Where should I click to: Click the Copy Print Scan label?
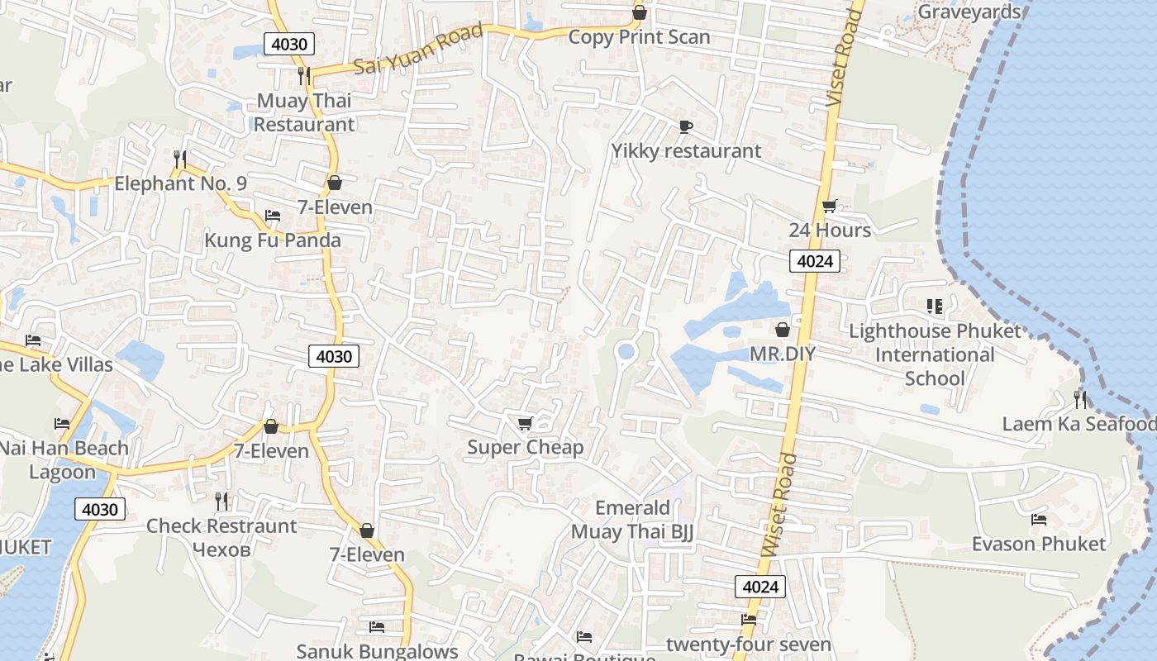(639, 37)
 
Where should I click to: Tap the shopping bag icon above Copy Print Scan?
(639, 12)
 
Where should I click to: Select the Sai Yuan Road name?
(418, 49)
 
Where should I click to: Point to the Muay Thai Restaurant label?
(303, 112)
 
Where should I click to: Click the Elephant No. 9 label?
(180, 183)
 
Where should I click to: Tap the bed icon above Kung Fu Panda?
(273, 216)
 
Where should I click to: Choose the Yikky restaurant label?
(686, 151)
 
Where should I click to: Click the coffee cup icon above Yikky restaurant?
(685, 126)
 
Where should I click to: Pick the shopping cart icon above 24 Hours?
(829, 206)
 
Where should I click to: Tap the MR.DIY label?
(782, 354)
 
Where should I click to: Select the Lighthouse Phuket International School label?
(935, 354)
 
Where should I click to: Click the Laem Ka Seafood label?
(1078, 424)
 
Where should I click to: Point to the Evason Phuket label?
(1038, 544)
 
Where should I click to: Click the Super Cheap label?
(525, 447)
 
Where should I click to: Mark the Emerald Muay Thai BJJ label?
(632, 520)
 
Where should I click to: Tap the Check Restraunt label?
(221, 525)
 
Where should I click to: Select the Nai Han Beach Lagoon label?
(64, 460)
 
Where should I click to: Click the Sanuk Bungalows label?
(377, 651)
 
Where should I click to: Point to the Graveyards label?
(969, 12)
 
